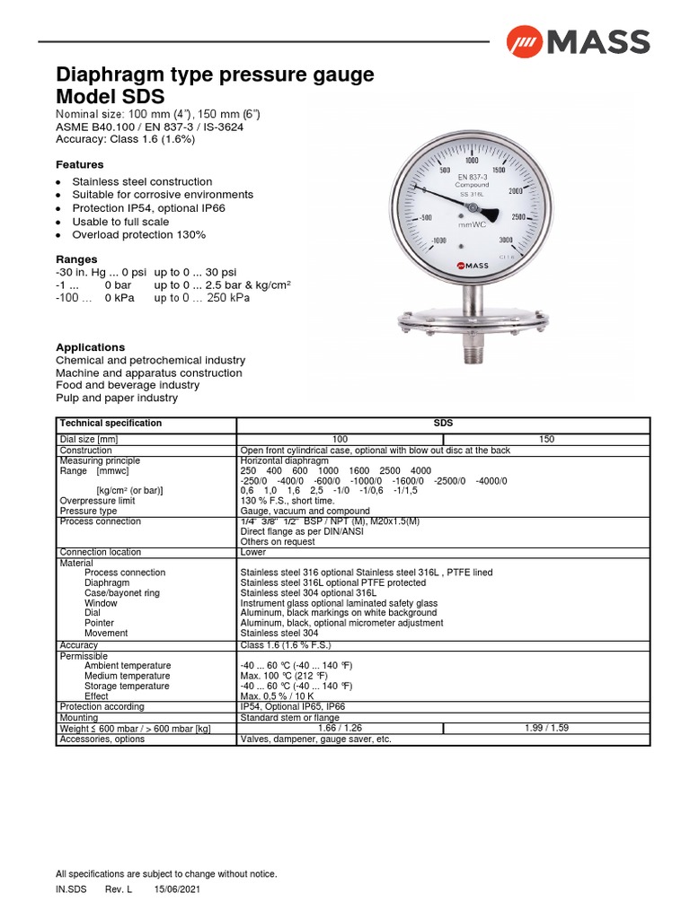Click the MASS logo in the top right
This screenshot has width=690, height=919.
(x=577, y=41)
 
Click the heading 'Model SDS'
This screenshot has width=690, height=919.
(x=111, y=97)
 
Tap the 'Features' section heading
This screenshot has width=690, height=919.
(x=80, y=165)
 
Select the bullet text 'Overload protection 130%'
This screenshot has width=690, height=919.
(x=139, y=235)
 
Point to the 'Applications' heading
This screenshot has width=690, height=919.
(x=91, y=347)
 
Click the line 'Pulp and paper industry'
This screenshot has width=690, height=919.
(x=117, y=398)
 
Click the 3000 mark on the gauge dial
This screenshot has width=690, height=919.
(x=505, y=239)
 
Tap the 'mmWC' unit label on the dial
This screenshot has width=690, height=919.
(x=472, y=225)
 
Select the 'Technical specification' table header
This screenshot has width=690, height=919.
(x=111, y=423)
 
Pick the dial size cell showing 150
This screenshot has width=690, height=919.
(x=546, y=439)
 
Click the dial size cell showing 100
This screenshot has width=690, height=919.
(x=341, y=439)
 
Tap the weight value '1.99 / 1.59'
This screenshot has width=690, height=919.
(x=546, y=728)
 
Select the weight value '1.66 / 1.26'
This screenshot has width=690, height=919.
(x=341, y=728)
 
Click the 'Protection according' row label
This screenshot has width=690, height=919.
(x=102, y=707)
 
